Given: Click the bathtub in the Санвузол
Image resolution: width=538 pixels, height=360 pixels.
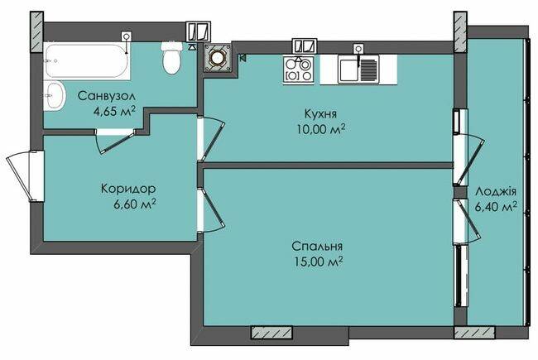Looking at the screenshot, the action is coord(87,61).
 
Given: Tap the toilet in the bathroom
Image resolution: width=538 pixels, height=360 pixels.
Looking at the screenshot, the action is coord(172,58).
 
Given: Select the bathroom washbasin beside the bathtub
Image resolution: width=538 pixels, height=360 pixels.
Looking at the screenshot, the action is coord(55,96).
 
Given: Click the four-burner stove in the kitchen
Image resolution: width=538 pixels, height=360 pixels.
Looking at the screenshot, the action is coord(298,70).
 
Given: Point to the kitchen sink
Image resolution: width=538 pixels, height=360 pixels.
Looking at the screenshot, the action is coord(358,70).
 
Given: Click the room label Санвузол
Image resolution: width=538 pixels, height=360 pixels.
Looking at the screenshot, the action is coord(107,96).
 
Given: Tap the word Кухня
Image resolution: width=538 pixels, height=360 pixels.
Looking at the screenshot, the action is coord(320,113).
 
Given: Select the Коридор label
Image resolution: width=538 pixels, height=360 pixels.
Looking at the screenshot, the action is coord(128,189).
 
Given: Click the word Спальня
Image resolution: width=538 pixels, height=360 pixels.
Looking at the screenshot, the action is coord(317,246).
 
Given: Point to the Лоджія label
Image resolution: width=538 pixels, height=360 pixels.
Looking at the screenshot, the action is coord(496,191).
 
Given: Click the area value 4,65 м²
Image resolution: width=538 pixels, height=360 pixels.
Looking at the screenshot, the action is coord(114,111).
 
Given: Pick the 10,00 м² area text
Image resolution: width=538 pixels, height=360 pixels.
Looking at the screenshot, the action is coord(321,130).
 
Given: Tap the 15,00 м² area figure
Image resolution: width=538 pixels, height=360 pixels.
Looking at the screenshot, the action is coord(319,262).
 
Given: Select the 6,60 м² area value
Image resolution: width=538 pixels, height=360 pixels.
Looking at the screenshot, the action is coord(135,204).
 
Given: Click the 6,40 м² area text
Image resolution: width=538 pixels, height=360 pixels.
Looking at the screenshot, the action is coord(496,207).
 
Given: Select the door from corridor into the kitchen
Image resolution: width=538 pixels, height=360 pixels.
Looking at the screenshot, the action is coord(210,138).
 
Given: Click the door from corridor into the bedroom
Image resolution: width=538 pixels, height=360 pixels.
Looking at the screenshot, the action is coord(210,210).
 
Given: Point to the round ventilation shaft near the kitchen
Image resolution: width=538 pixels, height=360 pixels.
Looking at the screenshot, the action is coord(217,58).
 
